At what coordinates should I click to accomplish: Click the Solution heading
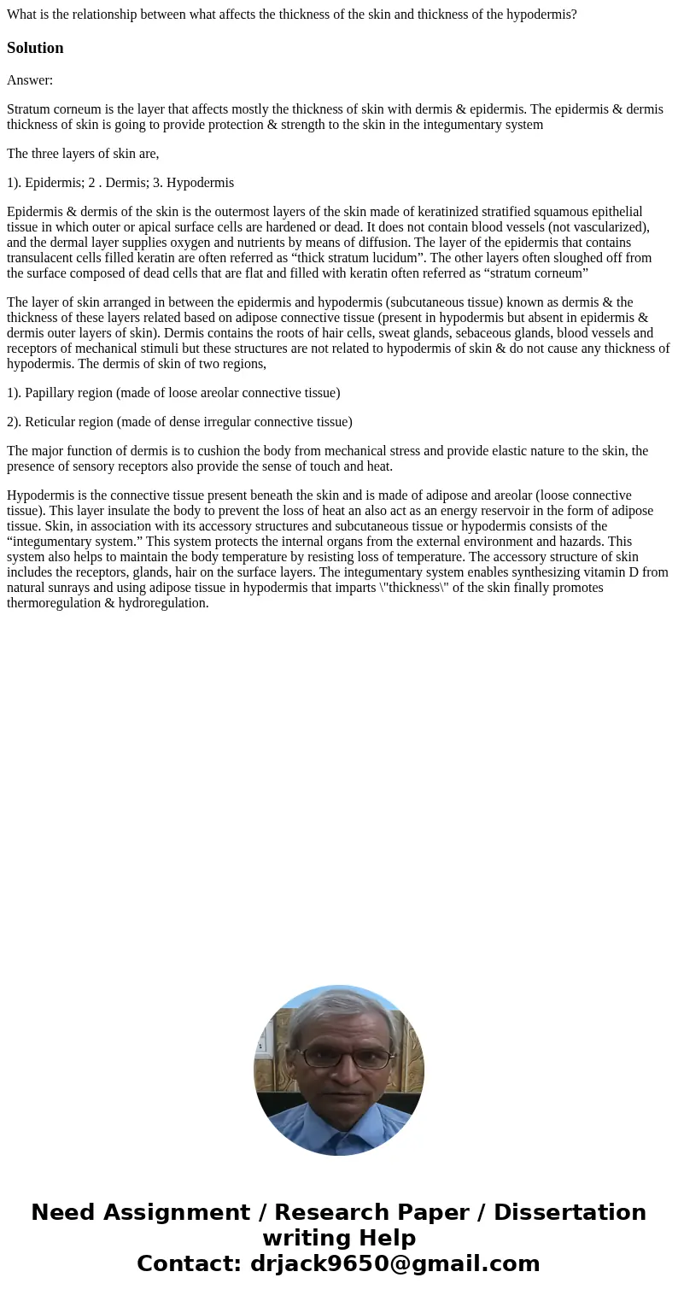click(35, 48)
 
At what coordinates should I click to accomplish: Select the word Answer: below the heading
click(30, 80)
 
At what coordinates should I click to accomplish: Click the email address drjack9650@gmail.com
click(395, 1263)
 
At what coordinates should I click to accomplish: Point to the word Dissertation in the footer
click(570, 1212)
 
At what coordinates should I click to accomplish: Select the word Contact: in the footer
click(189, 1263)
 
